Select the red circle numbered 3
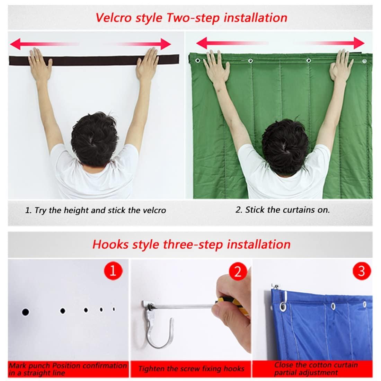[361, 271]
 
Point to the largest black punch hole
[25, 312]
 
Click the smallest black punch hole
[114, 309]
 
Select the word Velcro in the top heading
[112, 17]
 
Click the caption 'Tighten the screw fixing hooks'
[191, 369]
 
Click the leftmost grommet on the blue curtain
[283, 307]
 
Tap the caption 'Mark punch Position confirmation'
[68, 365]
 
